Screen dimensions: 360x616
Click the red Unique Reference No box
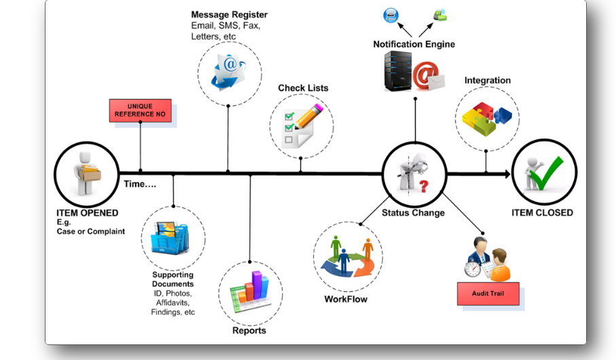[140, 111]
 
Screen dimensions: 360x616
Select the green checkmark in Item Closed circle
[551, 172]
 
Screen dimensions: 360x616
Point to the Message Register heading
[229, 14]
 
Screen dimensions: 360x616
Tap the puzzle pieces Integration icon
[486, 116]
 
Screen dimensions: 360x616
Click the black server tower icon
[398, 71]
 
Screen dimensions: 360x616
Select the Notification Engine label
[414, 45]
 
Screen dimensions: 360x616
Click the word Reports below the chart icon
[249, 331]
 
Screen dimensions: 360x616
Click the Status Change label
[413, 213]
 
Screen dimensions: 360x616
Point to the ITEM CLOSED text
[542, 213]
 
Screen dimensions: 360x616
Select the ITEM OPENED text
[87, 213]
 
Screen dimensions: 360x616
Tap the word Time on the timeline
[139, 184]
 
